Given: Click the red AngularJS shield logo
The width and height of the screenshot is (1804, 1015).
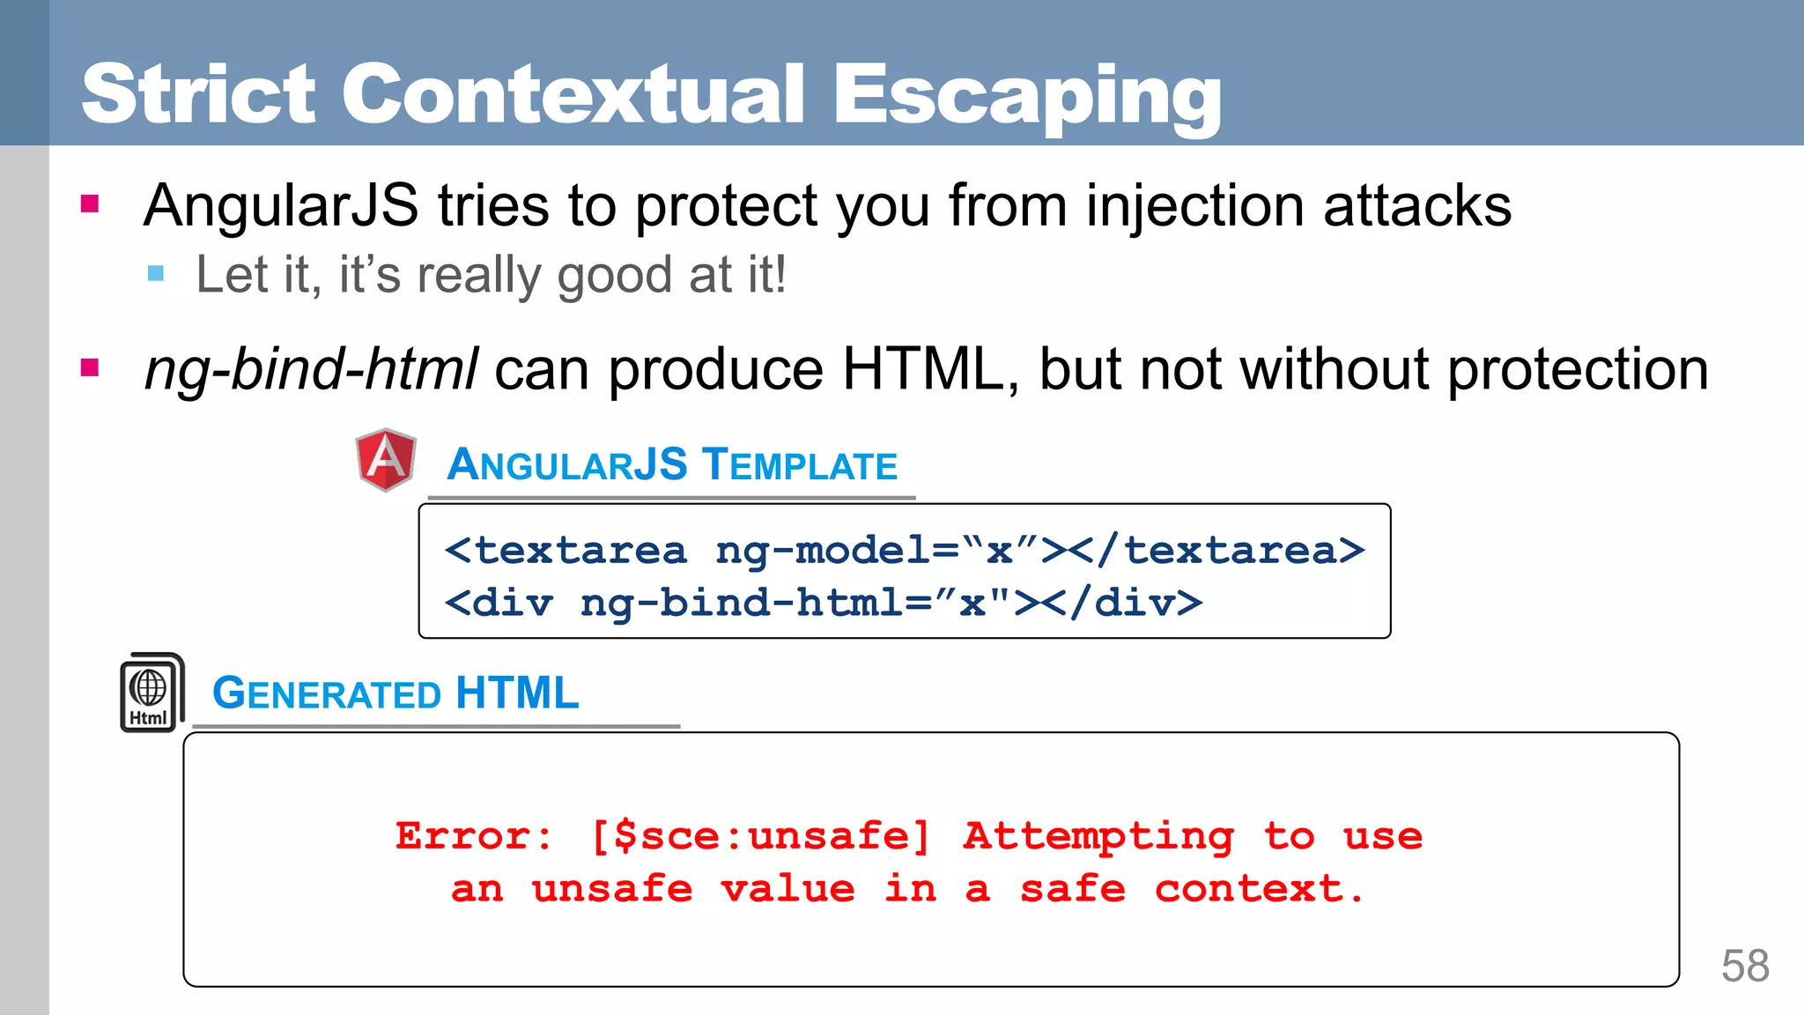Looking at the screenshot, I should [x=386, y=459].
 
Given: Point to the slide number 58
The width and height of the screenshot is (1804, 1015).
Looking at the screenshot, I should [x=1745, y=966].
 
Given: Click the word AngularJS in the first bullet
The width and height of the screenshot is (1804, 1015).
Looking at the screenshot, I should [x=281, y=206].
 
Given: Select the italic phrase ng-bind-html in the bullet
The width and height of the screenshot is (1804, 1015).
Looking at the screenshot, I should [x=311, y=369].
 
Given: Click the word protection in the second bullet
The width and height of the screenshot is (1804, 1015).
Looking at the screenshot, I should [x=1578, y=369].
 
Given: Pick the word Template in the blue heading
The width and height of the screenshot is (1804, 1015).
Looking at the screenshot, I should [x=800, y=464].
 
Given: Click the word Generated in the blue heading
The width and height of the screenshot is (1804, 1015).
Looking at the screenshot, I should [x=327, y=693].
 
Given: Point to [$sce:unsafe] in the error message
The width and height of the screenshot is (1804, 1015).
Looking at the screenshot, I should [x=760, y=836].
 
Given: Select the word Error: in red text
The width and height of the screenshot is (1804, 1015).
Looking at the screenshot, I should [x=474, y=836].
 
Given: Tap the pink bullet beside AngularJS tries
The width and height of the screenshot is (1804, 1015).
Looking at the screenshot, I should [x=90, y=204].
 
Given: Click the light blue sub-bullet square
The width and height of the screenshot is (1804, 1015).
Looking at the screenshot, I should [x=157, y=273].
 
